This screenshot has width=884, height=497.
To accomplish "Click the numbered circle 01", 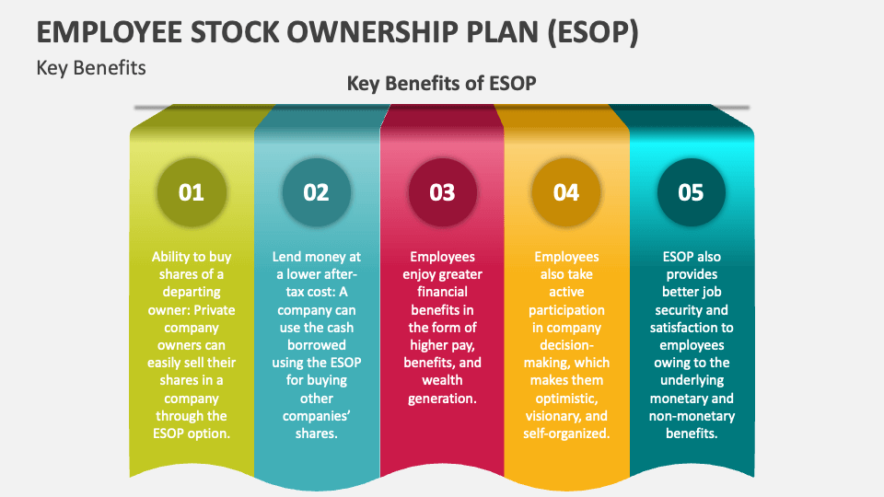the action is point(192,192).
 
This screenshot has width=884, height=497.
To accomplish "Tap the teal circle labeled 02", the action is point(316,192).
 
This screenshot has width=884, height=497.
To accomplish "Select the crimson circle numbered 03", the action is point(442,192).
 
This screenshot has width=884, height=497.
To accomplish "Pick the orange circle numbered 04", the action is point(566,192).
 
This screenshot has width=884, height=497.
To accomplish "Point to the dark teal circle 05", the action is point(692,192).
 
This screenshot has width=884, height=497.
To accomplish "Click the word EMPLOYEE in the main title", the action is point(110,32).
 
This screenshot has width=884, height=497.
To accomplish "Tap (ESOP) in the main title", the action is point(593,33).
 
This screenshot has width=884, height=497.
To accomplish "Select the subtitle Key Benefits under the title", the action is point(91,68).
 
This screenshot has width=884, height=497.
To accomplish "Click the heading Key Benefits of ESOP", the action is point(441,84).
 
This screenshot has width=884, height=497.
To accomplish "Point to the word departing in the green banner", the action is point(192,292).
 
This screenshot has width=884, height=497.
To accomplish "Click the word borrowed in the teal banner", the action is point(316,345).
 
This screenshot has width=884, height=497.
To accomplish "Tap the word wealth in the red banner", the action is point(442,380).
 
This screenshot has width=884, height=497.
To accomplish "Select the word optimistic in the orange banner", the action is point(565,399).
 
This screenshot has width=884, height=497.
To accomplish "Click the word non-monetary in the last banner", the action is point(692,416).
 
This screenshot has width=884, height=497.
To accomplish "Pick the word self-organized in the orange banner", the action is point(566,433).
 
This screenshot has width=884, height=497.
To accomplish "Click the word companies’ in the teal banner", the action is point(316,416).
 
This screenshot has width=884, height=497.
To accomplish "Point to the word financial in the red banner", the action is point(442,292).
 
